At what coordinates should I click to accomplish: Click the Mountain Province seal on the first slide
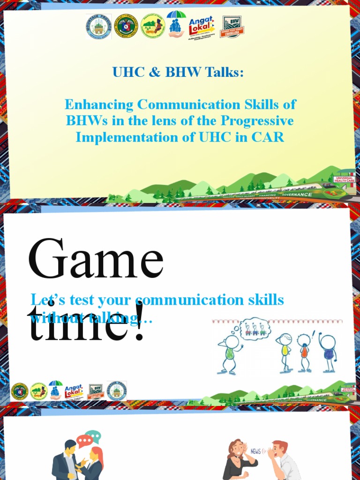coord(98,26)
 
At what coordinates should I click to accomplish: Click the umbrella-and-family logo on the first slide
coord(176,23)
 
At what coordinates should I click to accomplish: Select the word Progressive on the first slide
coord(257,121)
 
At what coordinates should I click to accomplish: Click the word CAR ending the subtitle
coord(270,137)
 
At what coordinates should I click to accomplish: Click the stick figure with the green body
coord(230,353)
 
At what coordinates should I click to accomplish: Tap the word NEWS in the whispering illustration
coord(255,451)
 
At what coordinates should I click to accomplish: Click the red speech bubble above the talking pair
coord(84,441)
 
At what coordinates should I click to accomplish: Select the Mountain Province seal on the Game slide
coord(116,390)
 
